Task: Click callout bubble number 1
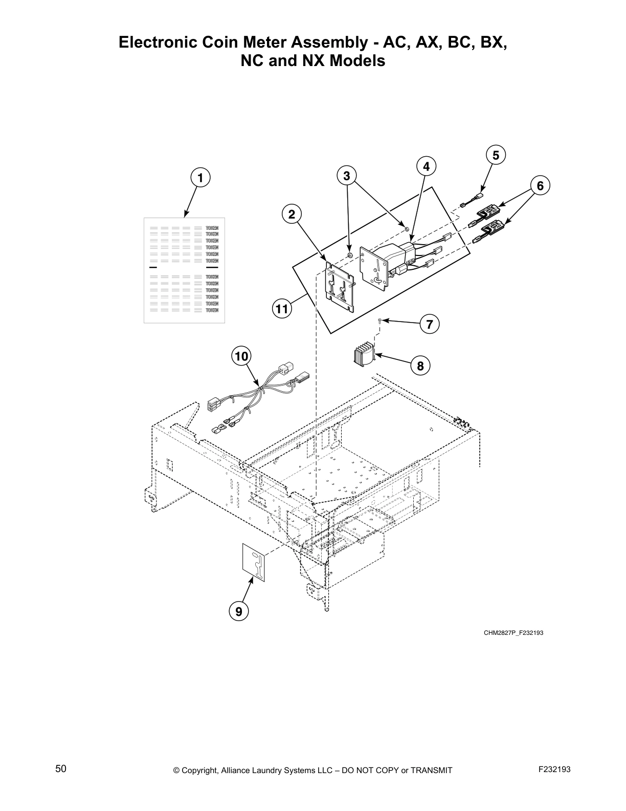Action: tap(200, 178)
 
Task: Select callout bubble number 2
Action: tap(292, 215)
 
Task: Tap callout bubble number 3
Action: tap(347, 176)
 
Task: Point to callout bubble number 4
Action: tap(426, 166)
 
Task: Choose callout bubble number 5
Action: tap(496, 155)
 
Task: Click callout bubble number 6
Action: tap(540, 185)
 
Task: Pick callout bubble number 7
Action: tap(430, 324)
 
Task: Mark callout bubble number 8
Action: tap(420, 366)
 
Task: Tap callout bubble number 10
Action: tap(241, 355)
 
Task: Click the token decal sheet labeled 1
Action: tap(184, 270)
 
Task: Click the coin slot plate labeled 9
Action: tap(254, 563)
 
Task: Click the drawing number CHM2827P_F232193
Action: tap(513, 633)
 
